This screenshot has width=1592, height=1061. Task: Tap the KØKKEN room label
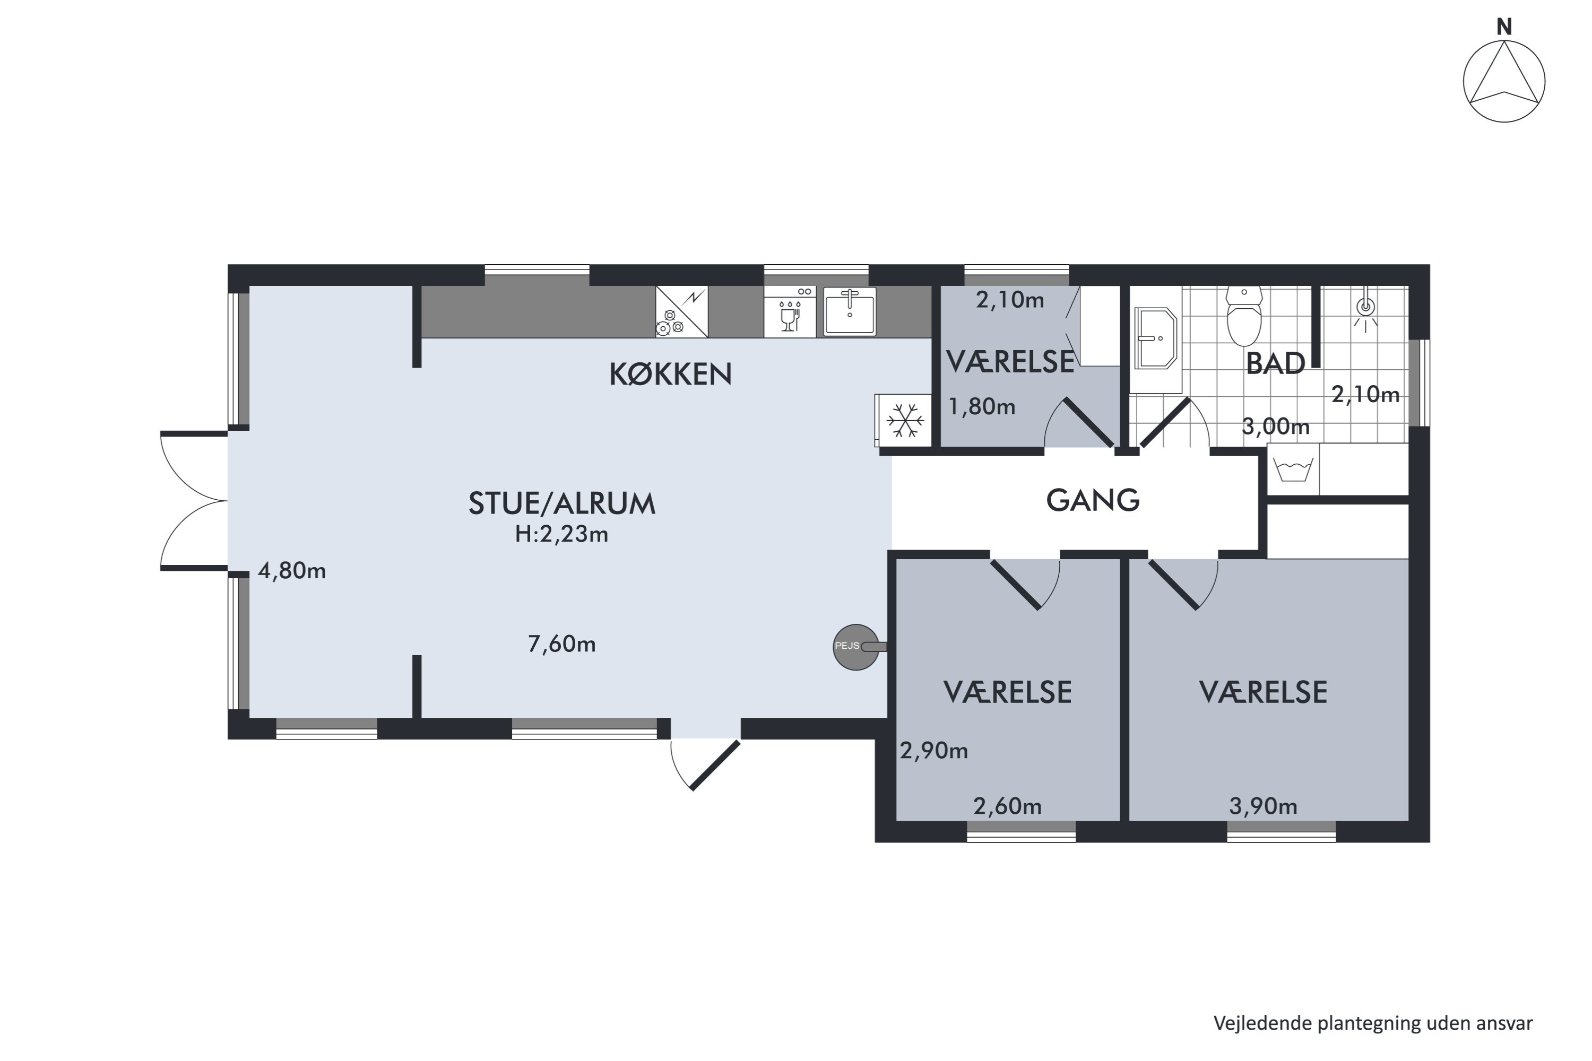point(671,374)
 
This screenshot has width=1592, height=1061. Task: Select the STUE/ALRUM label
point(562,503)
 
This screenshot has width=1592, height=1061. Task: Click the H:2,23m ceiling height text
point(562,535)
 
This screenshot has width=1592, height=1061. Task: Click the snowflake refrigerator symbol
point(905,420)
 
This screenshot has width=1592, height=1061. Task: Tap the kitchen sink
point(850,312)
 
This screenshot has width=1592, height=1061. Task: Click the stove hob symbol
point(681,312)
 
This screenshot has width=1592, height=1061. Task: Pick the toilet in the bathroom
point(1244,316)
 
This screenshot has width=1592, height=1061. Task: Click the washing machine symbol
point(1293,469)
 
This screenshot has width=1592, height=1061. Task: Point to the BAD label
point(1275,364)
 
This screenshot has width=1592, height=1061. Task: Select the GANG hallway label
point(1093,501)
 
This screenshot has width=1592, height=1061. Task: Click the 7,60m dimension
point(562,644)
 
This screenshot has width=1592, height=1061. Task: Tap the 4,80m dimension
point(292,571)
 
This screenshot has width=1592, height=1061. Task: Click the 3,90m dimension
point(1263,806)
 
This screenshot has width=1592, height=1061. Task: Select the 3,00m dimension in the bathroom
point(1275,427)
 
